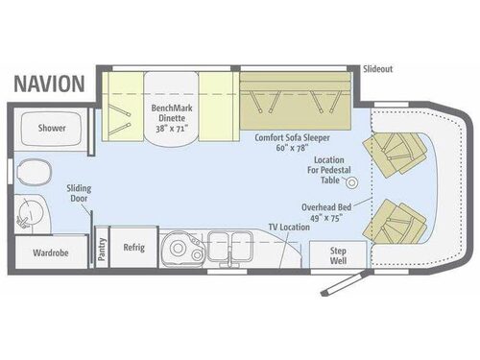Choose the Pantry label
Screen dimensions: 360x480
coord(102,247)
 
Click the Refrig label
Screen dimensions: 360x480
coord(132,248)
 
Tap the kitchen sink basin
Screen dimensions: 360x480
coord(175,248)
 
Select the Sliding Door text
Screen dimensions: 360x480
coord(79,195)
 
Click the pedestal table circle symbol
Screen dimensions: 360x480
coord(350,181)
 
